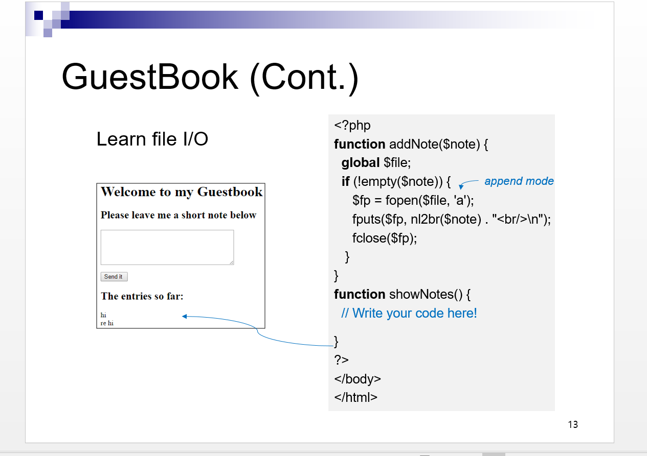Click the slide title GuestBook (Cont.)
pos(210,77)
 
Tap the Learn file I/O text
pos(152,139)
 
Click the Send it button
pos(114,277)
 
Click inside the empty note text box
pos(167,247)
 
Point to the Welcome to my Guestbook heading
pos(182,192)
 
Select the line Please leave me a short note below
pos(179,215)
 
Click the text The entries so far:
pos(142,296)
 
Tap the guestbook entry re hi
pos(107,323)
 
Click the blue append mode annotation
pos(519,181)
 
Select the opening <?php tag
pos(352,125)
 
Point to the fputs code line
pos(451,219)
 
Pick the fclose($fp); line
pos(385,238)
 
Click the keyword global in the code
pos(361,162)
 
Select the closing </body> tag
pos(358,379)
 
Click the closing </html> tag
pos(355,397)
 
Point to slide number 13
pos(573,424)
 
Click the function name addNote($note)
pos(435,144)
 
